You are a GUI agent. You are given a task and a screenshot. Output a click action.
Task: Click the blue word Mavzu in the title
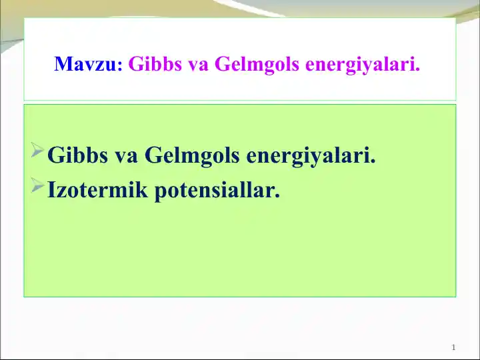click(x=85, y=65)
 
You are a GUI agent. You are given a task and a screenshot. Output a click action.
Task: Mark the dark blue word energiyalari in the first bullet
click(x=311, y=157)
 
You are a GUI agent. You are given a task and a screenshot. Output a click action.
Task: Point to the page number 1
click(x=453, y=348)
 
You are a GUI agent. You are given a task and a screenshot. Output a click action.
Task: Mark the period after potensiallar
click(x=277, y=198)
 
